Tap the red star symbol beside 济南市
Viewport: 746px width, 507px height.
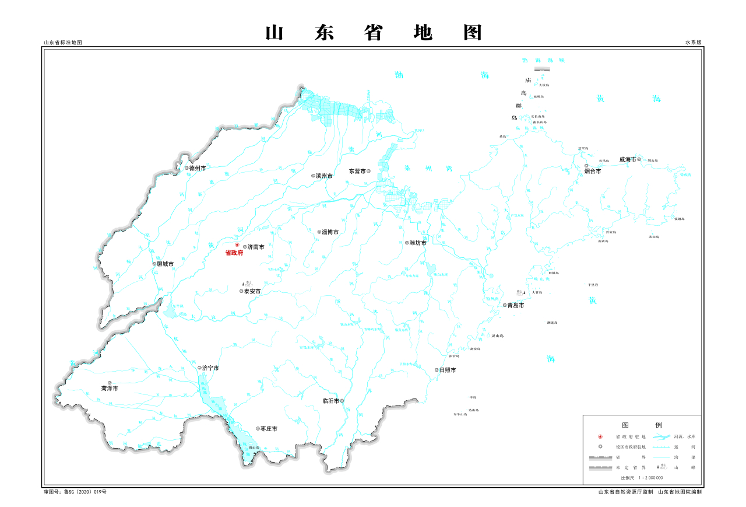(x=237, y=245)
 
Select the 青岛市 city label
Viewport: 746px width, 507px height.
(x=515, y=305)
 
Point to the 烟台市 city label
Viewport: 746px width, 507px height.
(x=592, y=172)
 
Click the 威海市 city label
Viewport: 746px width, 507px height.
(x=627, y=159)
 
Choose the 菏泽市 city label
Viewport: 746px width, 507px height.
(x=110, y=388)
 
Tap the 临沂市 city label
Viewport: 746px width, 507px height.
(x=331, y=401)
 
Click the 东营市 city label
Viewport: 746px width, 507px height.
(x=357, y=172)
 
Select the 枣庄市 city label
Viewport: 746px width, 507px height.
(x=269, y=429)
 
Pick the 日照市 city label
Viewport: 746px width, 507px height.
(x=448, y=370)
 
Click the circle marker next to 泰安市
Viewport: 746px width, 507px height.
(x=241, y=291)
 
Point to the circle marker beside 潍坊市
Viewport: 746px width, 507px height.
(x=407, y=243)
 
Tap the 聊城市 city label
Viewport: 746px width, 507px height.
(x=166, y=264)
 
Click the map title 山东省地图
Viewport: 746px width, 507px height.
(x=374, y=33)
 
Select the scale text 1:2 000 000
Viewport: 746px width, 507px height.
(x=642, y=478)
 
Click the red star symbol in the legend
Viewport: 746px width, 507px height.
(x=600, y=436)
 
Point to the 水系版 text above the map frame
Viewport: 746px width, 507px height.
(x=694, y=43)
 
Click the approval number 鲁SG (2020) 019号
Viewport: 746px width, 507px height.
(x=75, y=492)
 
